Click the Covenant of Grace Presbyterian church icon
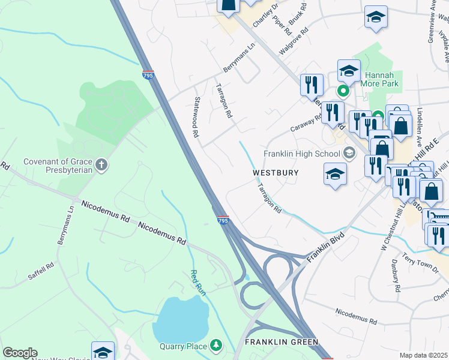102,164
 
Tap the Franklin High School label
303,153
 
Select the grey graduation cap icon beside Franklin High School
348,153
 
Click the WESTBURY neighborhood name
276,173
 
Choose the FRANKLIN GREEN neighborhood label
282,342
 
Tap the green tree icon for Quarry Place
215,346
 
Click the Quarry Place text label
183,346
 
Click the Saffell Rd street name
41,272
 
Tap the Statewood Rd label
196,117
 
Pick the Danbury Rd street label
397,278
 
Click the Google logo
20,353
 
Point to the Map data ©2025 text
424,355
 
